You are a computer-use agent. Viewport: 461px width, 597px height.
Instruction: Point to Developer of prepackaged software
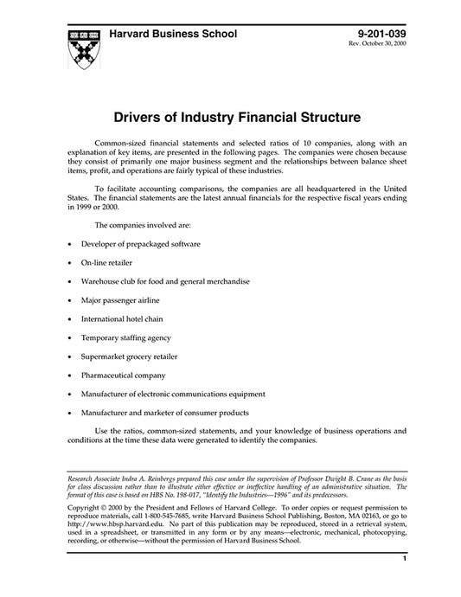[x=141, y=245]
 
